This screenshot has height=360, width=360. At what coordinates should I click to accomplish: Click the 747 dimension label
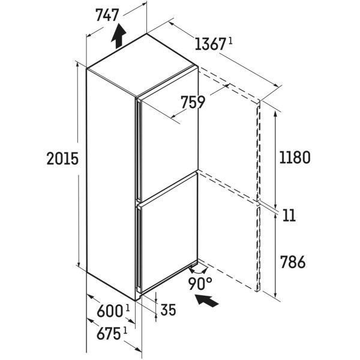click(x=107, y=15)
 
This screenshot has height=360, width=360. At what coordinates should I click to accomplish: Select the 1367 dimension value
click(x=210, y=44)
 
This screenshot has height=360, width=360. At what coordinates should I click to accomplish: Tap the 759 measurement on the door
click(x=193, y=102)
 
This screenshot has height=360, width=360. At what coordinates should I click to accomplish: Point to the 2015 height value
click(x=62, y=158)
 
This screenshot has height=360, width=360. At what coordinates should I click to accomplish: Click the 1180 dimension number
click(x=295, y=157)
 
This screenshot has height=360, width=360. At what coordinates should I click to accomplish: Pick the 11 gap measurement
click(x=289, y=215)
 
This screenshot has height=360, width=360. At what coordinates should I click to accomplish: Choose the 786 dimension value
click(x=293, y=262)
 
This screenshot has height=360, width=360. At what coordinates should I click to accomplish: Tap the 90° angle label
click(x=200, y=284)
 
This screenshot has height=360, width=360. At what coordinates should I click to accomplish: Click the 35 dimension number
click(x=168, y=310)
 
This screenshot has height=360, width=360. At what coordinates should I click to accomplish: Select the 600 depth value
click(x=110, y=311)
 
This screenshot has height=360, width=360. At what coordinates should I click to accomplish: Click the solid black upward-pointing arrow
click(x=118, y=36)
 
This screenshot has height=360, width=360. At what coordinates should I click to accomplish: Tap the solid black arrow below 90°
click(x=206, y=301)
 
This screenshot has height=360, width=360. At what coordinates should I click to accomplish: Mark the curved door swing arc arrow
click(x=199, y=272)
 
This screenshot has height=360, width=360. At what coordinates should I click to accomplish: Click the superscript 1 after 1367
click(x=230, y=41)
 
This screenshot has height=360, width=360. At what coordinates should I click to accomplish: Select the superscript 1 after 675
click(x=125, y=331)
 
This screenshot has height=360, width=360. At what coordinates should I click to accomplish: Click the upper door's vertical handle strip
click(x=138, y=149)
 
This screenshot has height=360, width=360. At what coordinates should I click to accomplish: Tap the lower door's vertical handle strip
click(x=139, y=249)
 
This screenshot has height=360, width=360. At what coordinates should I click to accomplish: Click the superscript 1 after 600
click(x=127, y=308)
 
